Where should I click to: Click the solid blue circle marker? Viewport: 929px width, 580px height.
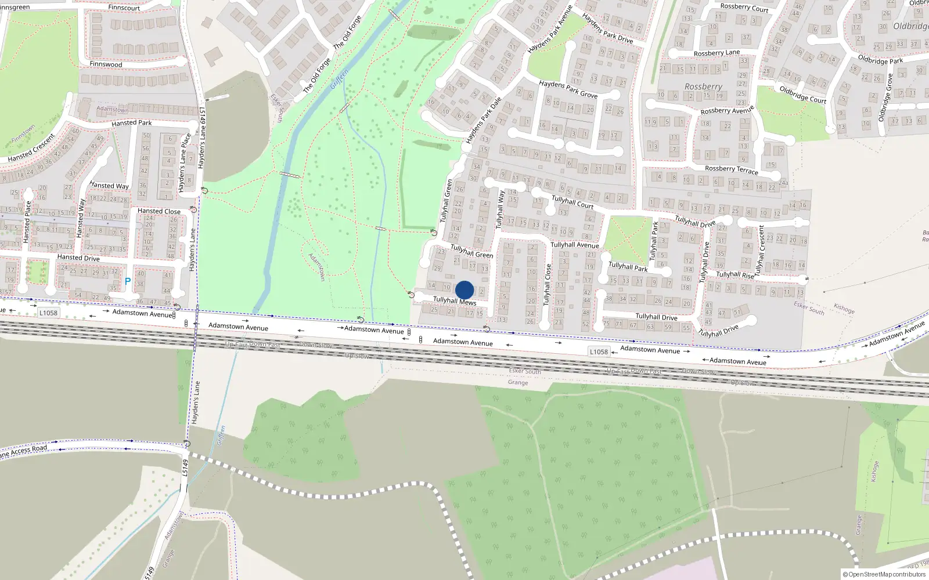464,290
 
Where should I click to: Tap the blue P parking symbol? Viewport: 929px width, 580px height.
128,281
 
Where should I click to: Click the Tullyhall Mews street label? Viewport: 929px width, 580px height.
455,301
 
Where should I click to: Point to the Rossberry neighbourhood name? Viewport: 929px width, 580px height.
703,87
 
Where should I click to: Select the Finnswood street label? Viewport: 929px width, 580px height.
106,64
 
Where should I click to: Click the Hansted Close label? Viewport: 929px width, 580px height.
159,211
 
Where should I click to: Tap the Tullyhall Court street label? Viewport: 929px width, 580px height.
572,202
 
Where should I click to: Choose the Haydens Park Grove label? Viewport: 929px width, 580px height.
568,89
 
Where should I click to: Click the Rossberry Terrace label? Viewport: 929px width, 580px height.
732,169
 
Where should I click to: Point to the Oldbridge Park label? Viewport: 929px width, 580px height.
880,60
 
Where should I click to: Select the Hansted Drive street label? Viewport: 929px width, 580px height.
78,258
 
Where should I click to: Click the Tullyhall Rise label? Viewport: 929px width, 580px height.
735,275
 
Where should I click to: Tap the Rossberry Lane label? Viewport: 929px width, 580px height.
716,53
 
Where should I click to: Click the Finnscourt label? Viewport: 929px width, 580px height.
124,8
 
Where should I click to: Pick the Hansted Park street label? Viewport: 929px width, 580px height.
132,123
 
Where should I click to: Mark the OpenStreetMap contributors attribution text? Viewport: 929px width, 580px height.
884,575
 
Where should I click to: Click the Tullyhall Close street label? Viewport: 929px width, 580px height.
547,285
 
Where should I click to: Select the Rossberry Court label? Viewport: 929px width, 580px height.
744,8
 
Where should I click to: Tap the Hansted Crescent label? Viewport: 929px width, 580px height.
32,148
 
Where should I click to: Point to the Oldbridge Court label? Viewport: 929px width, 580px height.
803,95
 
